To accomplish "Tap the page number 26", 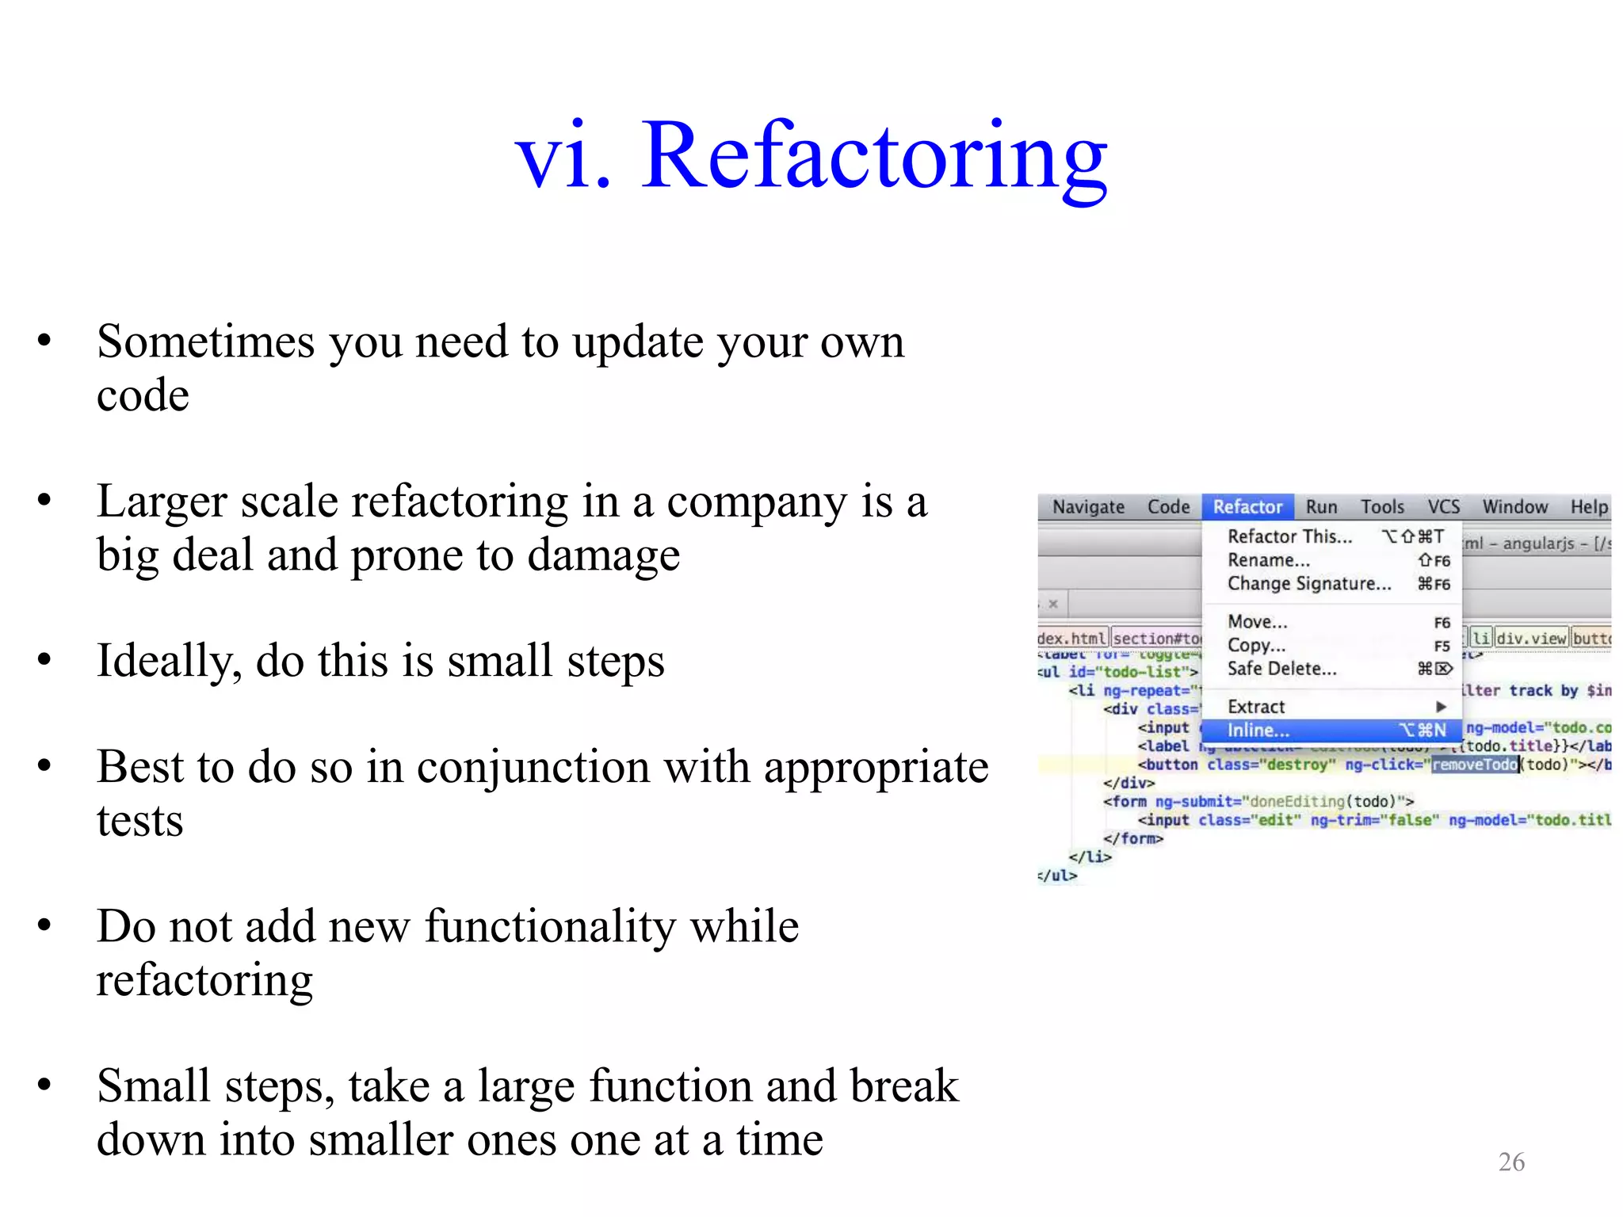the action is coord(1511,1162).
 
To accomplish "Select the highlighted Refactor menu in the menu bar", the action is coord(1247,507).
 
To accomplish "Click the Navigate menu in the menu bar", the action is coord(1088,507).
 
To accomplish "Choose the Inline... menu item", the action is coord(1258,731).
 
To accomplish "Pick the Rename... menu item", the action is coord(1269,560).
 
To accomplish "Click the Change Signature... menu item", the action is coord(1309,584).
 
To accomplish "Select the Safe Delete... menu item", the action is coord(1281,669).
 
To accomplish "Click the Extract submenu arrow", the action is coord(1442,707).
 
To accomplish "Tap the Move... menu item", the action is coord(1258,622).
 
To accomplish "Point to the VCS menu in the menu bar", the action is coord(1443,507).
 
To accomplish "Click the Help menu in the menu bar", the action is coord(1589,507).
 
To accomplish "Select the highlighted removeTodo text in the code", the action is coord(1475,765).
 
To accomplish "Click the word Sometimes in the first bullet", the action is coord(206,342).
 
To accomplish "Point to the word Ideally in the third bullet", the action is coord(169,662).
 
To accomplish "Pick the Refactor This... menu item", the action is coord(1289,536).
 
